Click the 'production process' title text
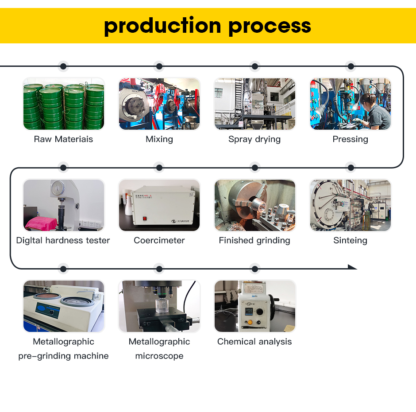[208, 26]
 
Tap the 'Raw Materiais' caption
[63, 139]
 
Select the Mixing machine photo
[159, 104]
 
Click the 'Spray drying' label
[254, 139]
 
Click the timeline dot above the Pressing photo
[351, 66]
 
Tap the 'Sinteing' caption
[350, 240]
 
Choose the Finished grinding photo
[255, 205]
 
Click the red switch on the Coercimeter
[144, 218]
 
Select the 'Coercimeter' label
[159, 240]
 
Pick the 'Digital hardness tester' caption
[63, 240]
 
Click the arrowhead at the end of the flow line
[353, 267]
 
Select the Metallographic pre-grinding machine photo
[64, 306]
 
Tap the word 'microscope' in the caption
[159, 356]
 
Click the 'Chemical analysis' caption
[254, 342]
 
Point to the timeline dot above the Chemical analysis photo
[254, 269]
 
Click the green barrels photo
[64, 104]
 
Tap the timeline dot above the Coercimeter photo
[159, 168]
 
